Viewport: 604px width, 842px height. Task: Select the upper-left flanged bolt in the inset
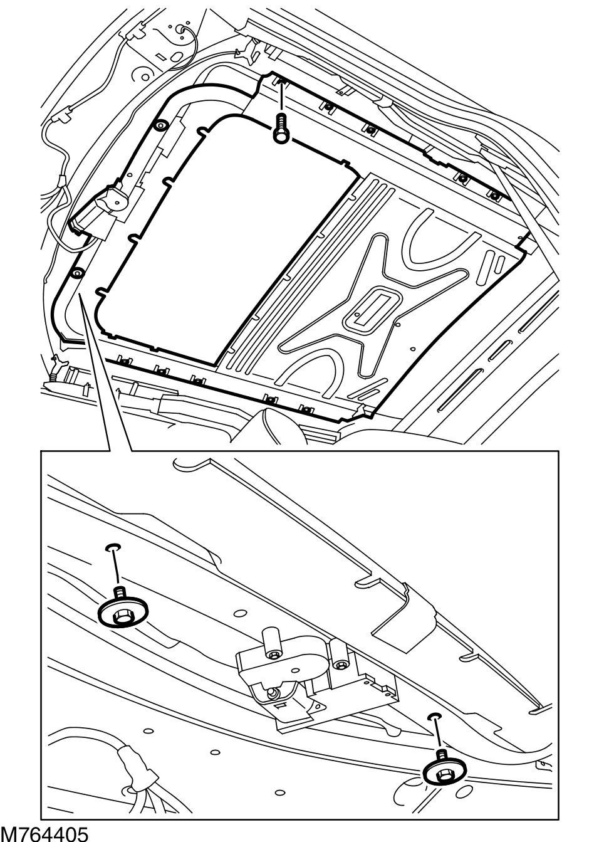click(123, 610)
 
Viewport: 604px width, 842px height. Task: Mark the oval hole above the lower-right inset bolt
click(435, 716)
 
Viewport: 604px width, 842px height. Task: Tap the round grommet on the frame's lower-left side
click(78, 273)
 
